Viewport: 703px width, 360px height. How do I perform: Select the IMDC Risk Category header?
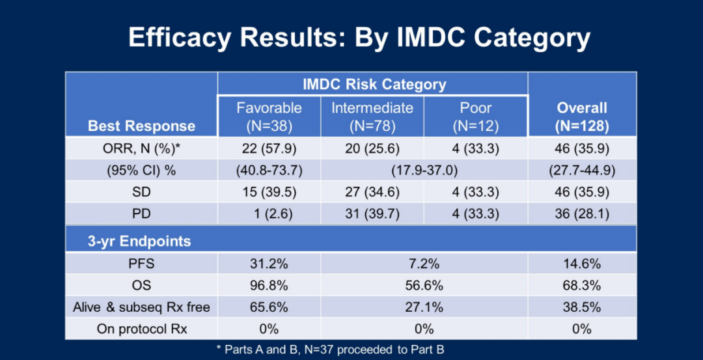(x=374, y=84)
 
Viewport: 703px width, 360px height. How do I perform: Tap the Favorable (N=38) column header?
(x=269, y=117)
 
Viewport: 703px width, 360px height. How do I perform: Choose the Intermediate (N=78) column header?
(x=372, y=117)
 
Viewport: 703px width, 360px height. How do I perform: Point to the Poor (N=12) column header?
(x=476, y=117)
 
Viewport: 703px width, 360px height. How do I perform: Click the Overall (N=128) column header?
(x=582, y=117)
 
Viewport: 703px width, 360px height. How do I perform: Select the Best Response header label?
(x=142, y=126)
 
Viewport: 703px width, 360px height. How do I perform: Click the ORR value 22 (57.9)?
(x=269, y=148)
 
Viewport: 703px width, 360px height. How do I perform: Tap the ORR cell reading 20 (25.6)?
(x=372, y=148)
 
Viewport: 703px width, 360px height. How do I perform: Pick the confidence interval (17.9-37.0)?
(x=424, y=171)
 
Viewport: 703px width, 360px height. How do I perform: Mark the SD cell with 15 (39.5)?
(x=269, y=192)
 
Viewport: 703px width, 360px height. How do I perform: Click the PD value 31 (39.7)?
(x=372, y=214)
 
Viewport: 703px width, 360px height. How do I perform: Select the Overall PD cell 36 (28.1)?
(x=582, y=214)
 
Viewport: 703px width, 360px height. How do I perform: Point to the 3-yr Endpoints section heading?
(x=139, y=242)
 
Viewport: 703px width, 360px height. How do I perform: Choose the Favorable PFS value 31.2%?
(x=269, y=264)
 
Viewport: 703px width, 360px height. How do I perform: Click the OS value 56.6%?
(x=424, y=286)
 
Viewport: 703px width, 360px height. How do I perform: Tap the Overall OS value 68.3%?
(x=582, y=286)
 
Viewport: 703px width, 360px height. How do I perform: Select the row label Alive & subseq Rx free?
(x=142, y=307)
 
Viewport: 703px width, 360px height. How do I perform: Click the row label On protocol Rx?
(x=142, y=329)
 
